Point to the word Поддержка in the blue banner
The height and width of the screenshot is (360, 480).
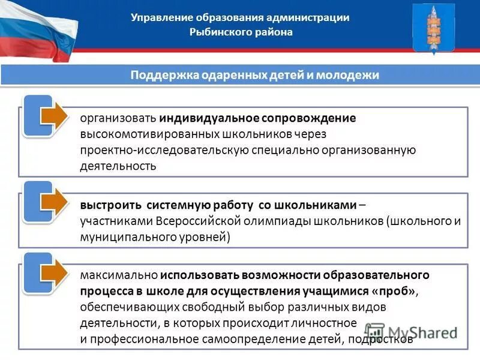[x=159, y=75]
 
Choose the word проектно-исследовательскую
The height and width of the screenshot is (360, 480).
[x=154, y=150]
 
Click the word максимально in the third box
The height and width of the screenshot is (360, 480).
[x=118, y=275]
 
